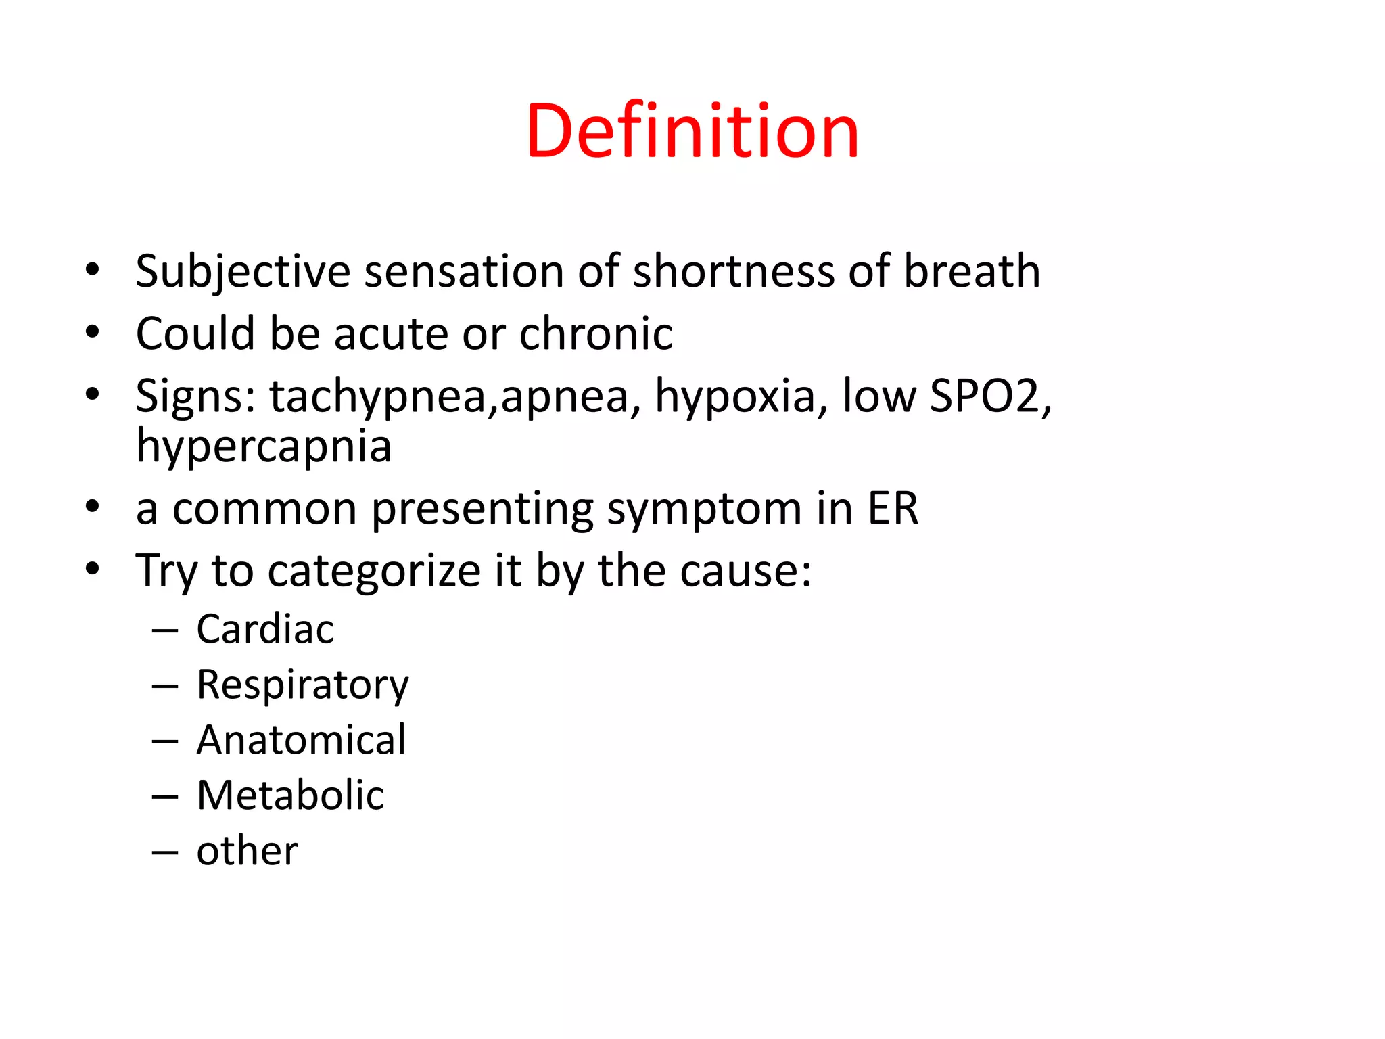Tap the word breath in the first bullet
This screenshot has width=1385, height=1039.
972,272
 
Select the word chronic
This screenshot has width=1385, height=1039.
596,333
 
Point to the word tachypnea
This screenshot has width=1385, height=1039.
377,397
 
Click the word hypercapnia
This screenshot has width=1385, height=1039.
264,446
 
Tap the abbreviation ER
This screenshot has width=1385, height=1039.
893,508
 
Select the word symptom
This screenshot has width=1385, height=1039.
703,509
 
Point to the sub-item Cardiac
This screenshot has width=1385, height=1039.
265,630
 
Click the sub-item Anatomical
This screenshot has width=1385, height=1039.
302,740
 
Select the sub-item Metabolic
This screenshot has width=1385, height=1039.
290,795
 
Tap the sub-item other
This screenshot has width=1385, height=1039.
247,851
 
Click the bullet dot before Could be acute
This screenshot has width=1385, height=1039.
93,332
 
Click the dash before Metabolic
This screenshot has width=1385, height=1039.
165,797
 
